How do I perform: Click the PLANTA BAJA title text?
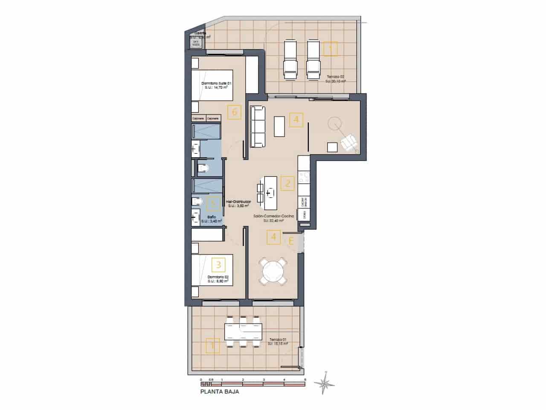pos(220,391)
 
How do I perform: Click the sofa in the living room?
pos(258,126)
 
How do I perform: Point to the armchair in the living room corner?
pos(350,142)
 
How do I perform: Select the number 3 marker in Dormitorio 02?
pos(218,265)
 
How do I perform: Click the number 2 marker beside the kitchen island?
pos(288,184)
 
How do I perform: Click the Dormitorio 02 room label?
pos(218,279)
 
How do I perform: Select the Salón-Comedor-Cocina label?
pos(274,219)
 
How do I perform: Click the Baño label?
pos(212,219)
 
